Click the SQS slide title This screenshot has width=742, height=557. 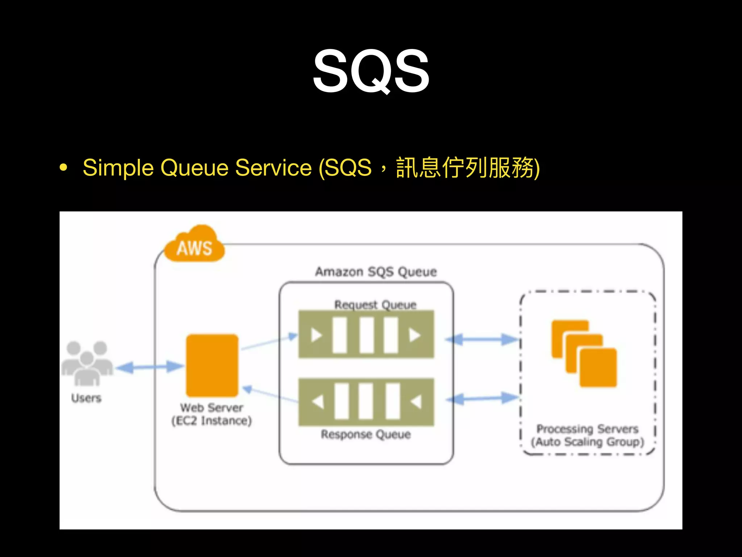click(371, 71)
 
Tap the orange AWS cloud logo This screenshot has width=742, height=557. click(194, 245)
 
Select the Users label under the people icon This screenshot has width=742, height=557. click(86, 398)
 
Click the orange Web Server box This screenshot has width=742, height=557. click(212, 365)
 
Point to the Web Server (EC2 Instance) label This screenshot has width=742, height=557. click(212, 414)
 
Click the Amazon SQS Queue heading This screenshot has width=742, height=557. click(376, 272)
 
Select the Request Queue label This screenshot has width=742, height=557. click(375, 305)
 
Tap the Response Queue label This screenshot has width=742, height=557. click(366, 434)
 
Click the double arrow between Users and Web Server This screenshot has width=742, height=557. click(150, 367)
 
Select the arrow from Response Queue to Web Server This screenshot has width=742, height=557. click(270, 395)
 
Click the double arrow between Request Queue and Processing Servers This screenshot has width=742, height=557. click(482, 340)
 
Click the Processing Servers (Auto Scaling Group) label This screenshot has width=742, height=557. click(587, 436)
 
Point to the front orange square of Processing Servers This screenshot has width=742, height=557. click(598, 367)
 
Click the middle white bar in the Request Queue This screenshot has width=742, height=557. click(367, 335)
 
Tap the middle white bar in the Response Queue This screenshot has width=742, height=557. click(366, 401)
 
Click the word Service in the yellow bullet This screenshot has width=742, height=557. click(273, 168)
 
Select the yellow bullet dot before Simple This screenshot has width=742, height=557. click(64, 168)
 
